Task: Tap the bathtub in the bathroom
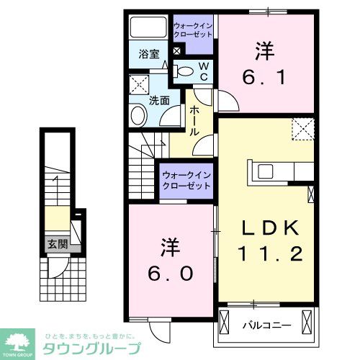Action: (x=148, y=28)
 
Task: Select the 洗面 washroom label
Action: (x=158, y=101)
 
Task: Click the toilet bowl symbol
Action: (x=185, y=71)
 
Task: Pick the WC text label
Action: (x=204, y=70)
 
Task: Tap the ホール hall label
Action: (x=195, y=121)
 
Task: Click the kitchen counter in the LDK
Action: (x=276, y=174)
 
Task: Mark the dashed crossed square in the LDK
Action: (x=302, y=129)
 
